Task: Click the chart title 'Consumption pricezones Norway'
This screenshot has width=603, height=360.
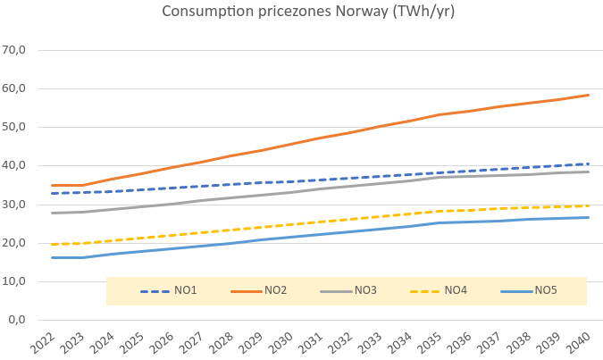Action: coord(301,12)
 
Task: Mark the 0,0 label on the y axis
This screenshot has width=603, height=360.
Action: coord(23,319)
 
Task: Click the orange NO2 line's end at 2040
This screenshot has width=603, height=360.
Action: coord(589,95)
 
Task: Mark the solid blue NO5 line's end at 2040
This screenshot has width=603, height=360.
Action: coord(589,217)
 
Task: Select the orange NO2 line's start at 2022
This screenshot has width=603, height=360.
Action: coord(53,185)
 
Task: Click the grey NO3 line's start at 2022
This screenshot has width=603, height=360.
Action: coord(53,213)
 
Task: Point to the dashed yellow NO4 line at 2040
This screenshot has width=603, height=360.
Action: coord(589,205)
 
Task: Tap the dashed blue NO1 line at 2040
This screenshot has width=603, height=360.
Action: coord(589,163)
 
